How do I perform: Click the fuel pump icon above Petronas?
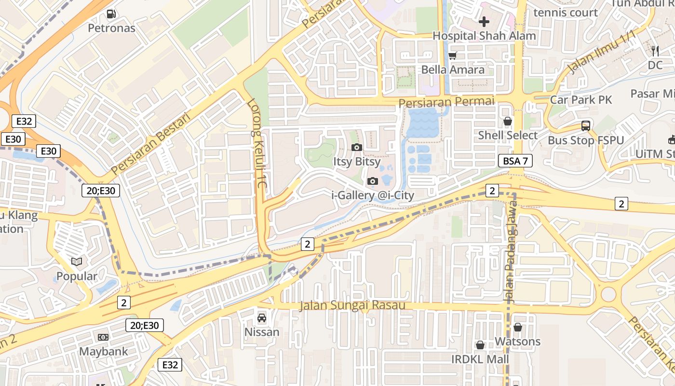click(x=111, y=14)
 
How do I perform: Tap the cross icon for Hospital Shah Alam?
click(x=484, y=22)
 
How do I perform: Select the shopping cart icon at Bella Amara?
click(x=452, y=56)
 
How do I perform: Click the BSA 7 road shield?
click(x=515, y=161)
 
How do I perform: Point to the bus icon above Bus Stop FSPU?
click(x=586, y=126)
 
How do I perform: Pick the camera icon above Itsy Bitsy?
click(x=357, y=147)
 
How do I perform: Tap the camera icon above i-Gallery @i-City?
click(x=373, y=181)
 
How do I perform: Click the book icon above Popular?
click(x=77, y=262)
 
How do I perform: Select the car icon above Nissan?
click(x=262, y=318)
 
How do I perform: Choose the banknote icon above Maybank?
click(x=103, y=337)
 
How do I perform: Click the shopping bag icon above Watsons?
click(x=518, y=328)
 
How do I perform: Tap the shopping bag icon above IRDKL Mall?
click(x=480, y=345)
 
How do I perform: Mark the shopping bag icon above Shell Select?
click(x=508, y=121)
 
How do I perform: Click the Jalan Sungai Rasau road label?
click(x=352, y=305)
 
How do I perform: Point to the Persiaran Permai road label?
click(x=446, y=102)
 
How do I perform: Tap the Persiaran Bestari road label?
click(x=151, y=143)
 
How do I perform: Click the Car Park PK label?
click(x=581, y=100)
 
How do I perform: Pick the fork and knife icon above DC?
click(x=655, y=51)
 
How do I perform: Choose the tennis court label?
click(x=566, y=13)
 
